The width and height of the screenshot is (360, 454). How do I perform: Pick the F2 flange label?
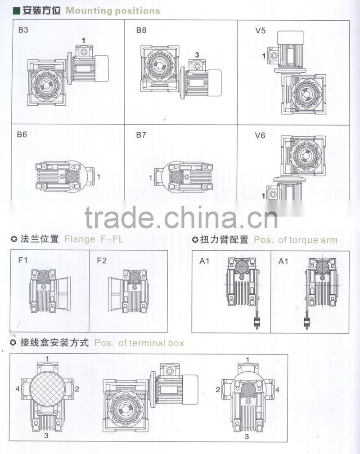click(102, 260)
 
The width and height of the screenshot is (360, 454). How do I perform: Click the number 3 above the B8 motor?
click(197, 55)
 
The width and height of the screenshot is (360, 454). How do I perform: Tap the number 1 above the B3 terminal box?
click(83, 41)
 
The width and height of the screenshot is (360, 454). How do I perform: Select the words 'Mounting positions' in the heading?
click(112, 10)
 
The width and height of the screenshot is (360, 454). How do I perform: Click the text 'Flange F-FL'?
click(94, 239)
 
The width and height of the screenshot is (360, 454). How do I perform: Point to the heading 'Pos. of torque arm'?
click(295, 240)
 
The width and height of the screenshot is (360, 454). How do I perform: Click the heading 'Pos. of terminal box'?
click(139, 343)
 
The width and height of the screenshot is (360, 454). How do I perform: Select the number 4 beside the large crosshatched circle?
click(18, 388)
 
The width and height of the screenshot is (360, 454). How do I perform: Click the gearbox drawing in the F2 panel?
click(128, 292)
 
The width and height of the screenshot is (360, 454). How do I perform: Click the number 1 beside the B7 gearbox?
click(151, 178)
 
